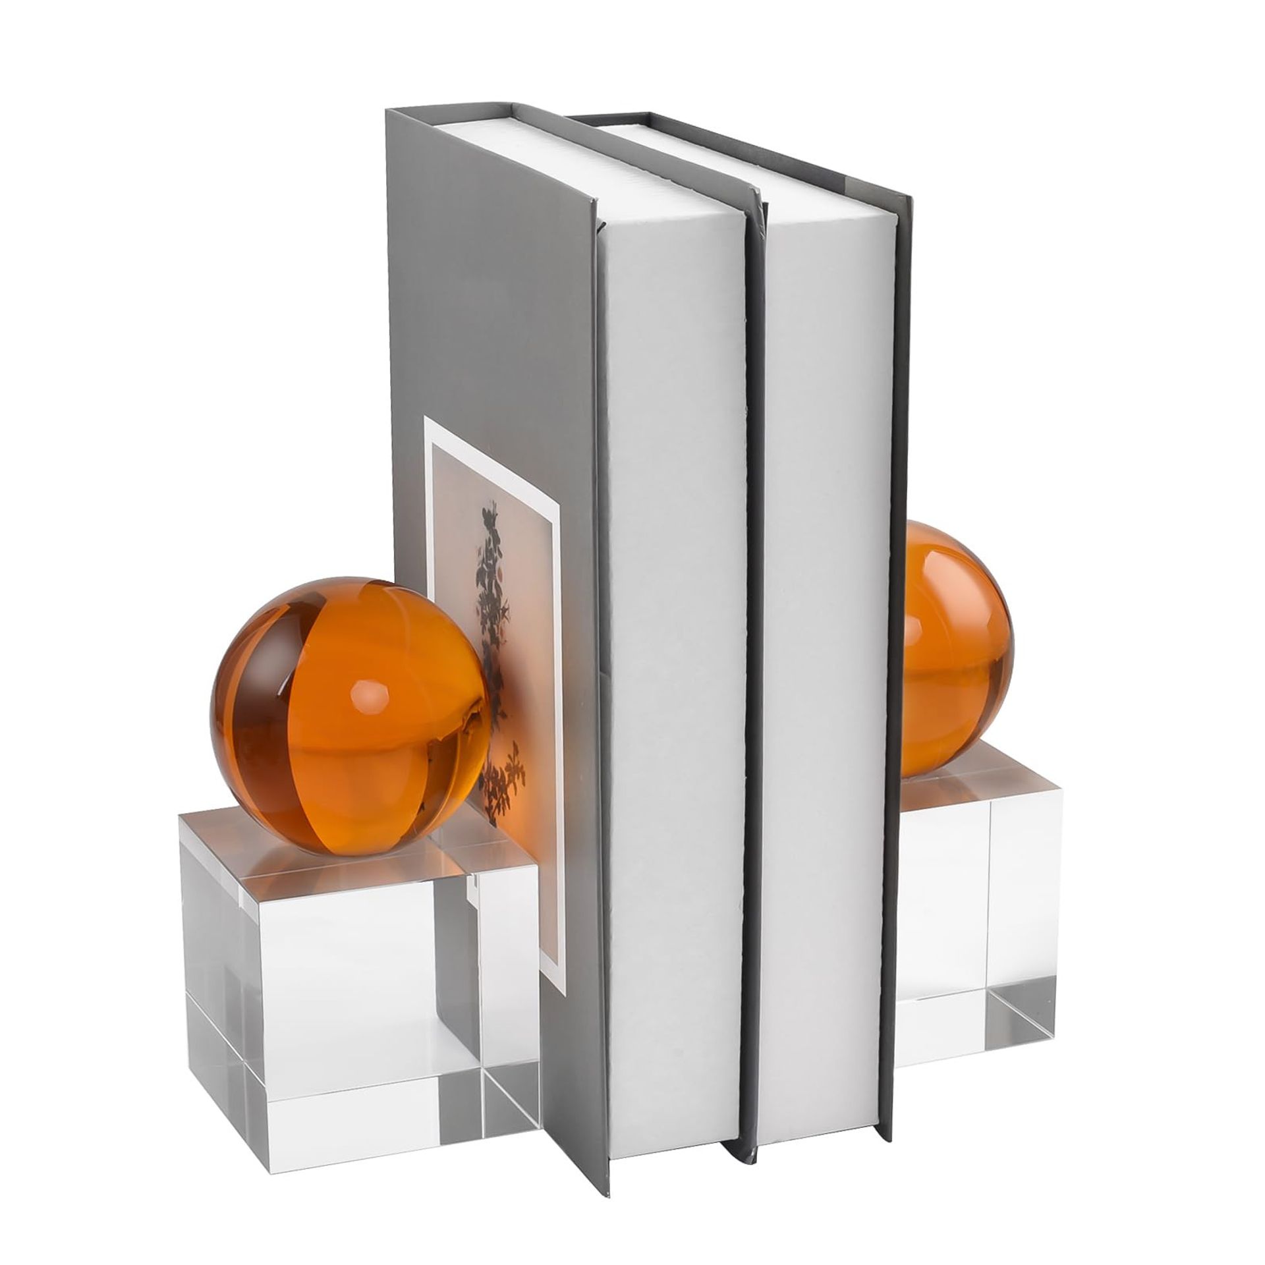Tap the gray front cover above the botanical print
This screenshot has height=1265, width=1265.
pyautogui.click(x=488, y=296)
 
